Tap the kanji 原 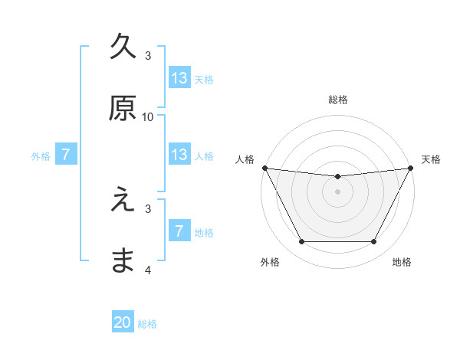[123, 108]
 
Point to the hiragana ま [123, 261]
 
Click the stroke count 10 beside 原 [148, 116]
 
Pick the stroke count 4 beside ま [148, 270]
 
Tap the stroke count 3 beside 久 [148, 55]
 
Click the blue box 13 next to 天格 [179, 78]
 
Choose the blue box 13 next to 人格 [179, 155]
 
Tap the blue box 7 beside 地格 [179, 231]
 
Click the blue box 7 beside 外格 [66, 155]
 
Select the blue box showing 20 [123, 322]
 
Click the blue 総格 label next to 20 [147, 324]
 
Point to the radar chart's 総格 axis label [337, 100]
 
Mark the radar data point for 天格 [411, 168]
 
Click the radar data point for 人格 [264, 168]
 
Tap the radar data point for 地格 [374, 242]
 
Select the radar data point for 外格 [301, 242]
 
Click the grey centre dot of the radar [337, 191]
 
